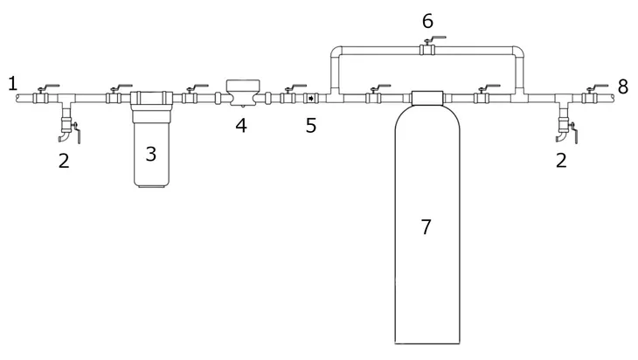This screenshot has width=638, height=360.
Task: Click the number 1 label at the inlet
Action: point(13,83)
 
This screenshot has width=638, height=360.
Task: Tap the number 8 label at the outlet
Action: point(623,87)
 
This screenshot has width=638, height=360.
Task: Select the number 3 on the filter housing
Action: point(151,154)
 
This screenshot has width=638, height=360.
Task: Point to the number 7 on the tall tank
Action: point(426,227)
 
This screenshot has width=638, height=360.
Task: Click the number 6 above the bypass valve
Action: point(427,21)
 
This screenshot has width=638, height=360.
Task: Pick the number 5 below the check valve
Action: point(311,126)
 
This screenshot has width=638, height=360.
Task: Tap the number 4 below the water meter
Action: point(241,126)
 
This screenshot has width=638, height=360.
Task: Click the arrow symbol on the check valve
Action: point(311,98)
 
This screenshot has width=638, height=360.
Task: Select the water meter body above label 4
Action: point(243,93)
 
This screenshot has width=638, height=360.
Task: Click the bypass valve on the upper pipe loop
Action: point(427,47)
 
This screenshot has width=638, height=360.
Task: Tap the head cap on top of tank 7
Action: point(427,98)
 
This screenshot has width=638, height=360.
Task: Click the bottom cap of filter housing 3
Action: point(150,185)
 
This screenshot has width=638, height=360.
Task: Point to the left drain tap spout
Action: point(65,136)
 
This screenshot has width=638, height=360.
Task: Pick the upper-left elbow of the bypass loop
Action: point(336,52)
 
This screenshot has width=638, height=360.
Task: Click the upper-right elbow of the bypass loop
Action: point(517,52)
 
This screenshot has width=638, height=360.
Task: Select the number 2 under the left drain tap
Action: point(64,161)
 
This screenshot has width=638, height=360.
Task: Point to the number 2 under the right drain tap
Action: point(561,161)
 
